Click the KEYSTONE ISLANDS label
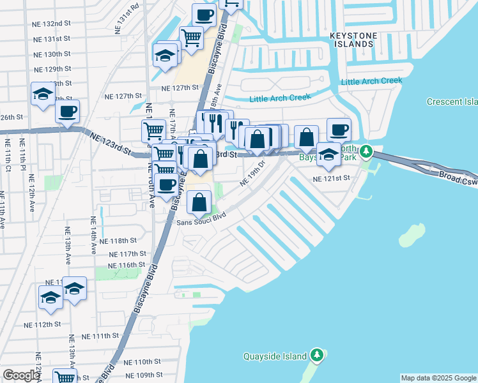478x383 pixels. click(x=352, y=39)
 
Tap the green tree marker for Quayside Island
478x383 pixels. click(x=317, y=355)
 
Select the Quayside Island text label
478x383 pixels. click(x=275, y=356)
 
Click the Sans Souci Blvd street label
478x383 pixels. click(x=201, y=217)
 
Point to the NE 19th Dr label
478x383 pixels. click(x=253, y=173)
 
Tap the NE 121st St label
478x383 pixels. click(x=333, y=179)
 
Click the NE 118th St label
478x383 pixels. click(x=119, y=241)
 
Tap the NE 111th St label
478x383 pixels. click(x=101, y=336)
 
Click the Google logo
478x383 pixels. click(x=22, y=375)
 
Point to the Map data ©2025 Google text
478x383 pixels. click(x=438, y=378)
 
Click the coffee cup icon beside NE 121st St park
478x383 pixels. click(x=339, y=130)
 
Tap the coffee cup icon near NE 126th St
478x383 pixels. click(x=67, y=112)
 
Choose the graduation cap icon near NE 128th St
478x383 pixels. click(x=43, y=94)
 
